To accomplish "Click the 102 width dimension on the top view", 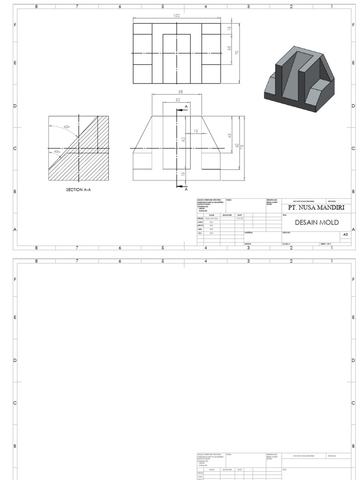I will (x=177, y=15).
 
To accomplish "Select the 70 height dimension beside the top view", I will (x=237, y=53).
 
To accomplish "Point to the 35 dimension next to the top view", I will (x=230, y=48).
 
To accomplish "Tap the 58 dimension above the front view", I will (x=180, y=91).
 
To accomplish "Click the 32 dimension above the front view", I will (x=177, y=100).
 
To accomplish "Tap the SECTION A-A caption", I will (x=78, y=190).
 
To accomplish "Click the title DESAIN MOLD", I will (x=316, y=222).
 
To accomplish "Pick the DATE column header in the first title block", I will (x=240, y=215).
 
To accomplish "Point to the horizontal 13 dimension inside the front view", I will (x=196, y=131).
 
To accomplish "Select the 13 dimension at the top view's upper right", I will (x=230, y=29).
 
